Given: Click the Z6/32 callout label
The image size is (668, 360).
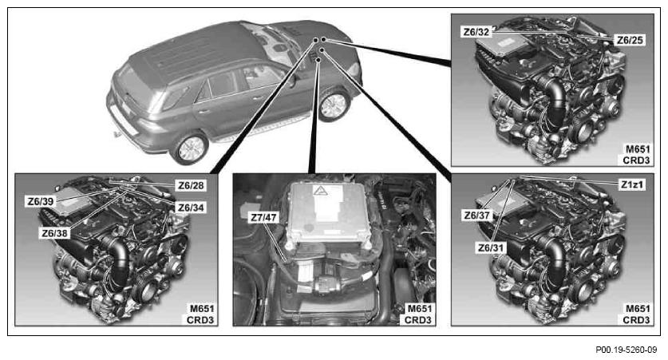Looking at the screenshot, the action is point(476,32).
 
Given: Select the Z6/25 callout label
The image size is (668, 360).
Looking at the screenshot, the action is point(630,40).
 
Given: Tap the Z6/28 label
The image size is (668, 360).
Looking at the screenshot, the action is point(191,185).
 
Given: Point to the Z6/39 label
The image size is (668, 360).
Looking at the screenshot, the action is point(41,201).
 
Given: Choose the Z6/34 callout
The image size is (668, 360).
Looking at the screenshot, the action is point(191,208).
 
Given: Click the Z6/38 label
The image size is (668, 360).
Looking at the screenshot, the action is point(54,232).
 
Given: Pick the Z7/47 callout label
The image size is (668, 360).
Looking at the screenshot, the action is point(263,218).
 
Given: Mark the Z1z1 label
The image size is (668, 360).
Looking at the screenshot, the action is point(632,185).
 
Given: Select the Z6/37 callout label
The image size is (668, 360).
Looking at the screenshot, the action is point(476,216).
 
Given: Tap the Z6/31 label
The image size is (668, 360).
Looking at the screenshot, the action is point(491,247).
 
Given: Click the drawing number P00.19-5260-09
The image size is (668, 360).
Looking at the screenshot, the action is point(626,350).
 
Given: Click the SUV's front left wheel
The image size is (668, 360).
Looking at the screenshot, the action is point(334,105).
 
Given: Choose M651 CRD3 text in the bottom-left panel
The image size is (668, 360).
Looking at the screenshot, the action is point(201,314).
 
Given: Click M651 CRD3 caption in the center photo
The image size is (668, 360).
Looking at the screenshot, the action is point(419,314).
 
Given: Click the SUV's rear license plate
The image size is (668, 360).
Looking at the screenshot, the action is point(124,121).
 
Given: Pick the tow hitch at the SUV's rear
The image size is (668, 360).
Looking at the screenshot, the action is point(116,135).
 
